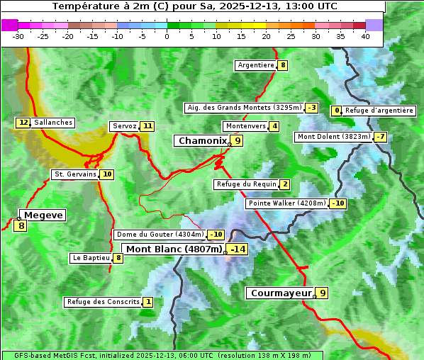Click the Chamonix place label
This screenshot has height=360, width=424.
pyautogui.click(x=202, y=141)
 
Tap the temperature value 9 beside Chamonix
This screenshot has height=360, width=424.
pyautogui.click(x=238, y=141)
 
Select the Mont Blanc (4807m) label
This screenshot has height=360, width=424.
pyautogui.click(x=174, y=249)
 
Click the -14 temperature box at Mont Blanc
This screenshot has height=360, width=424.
pyautogui.click(x=238, y=249)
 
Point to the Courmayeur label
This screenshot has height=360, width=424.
pyautogui.click(x=281, y=293)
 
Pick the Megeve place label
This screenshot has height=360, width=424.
pyautogui.click(x=43, y=215)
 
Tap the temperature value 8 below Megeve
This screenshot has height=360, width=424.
pyautogui.click(x=21, y=226)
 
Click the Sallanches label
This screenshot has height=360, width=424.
pyautogui.click(x=53, y=123)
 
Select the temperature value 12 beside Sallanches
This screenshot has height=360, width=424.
pyautogui.click(x=23, y=123)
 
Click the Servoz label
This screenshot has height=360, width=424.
pyautogui.click(x=124, y=126)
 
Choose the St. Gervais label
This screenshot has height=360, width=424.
pyautogui.click(x=74, y=174)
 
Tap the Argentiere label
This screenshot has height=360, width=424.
pyautogui.click(x=256, y=65)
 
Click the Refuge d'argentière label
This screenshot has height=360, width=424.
pyautogui.click(x=379, y=111)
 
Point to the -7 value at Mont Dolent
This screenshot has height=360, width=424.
pyautogui.click(x=381, y=137)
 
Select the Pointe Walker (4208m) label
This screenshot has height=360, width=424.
pyautogui.click(x=286, y=203)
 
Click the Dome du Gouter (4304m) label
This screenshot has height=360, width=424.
pyautogui.click(x=160, y=235)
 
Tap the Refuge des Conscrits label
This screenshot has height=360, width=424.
pyautogui.click(x=103, y=302)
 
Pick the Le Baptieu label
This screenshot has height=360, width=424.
pyautogui.click(x=91, y=258)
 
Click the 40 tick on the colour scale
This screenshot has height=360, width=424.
pyautogui.click(x=365, y=36)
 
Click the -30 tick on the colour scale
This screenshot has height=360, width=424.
pyautogui.click(x=18, y=36)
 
